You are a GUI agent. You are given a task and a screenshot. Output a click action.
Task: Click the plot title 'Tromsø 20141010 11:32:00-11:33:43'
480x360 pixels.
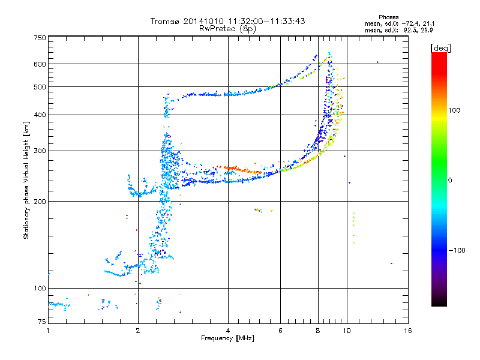[227, 21]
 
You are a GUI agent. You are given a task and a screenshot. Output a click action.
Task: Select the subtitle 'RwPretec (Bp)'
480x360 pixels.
[227, 28]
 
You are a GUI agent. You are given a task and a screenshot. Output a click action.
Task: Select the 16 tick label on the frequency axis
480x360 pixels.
[407, 331]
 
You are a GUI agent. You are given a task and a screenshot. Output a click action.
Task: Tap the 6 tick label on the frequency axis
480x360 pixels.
[281, 331]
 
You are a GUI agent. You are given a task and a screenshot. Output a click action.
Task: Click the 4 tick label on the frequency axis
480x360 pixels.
[228, 331]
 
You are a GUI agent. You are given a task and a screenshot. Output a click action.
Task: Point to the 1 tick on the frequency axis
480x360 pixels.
[48, 331]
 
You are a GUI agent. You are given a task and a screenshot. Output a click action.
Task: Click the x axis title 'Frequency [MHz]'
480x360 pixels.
[227, 339]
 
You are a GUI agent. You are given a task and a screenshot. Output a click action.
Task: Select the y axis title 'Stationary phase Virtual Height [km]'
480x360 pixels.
[26, 180]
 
